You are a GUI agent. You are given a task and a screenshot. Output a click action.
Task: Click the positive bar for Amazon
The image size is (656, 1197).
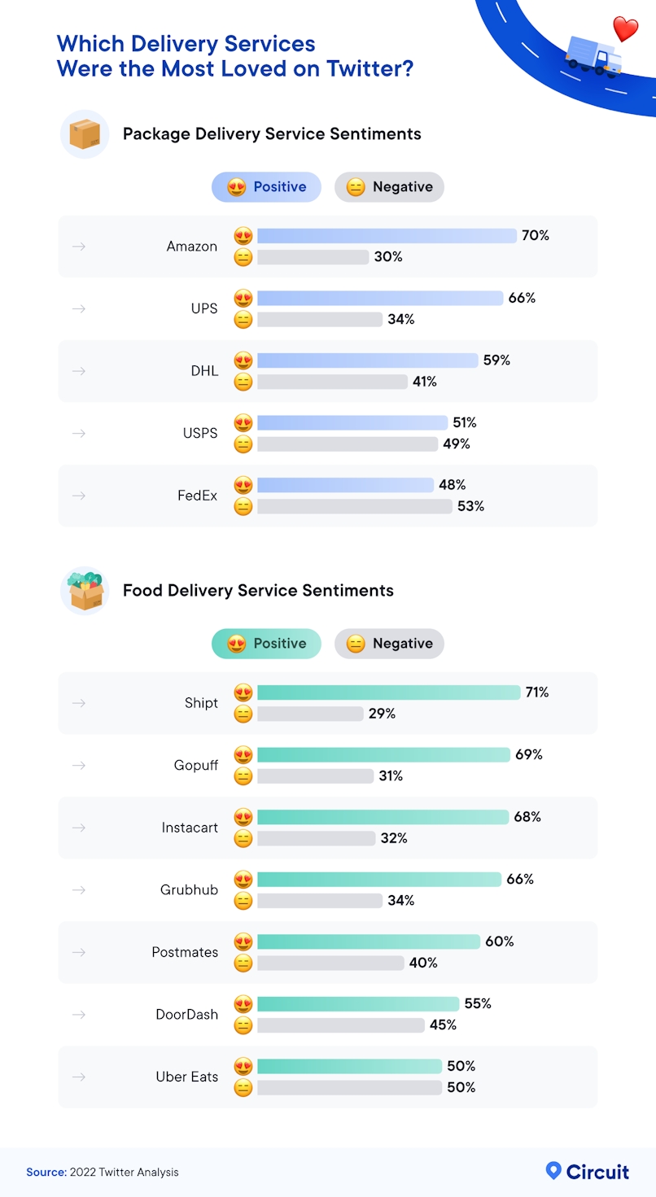387,236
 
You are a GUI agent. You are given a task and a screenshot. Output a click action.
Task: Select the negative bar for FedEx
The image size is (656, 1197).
354,506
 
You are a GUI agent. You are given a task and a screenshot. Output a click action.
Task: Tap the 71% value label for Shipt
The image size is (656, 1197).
537,692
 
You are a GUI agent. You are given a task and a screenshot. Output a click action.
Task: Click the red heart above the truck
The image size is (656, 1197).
625,29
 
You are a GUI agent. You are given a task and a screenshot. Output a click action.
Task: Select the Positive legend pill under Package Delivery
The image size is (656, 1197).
266,187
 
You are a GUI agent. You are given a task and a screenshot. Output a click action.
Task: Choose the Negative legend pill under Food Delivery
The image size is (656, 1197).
389,644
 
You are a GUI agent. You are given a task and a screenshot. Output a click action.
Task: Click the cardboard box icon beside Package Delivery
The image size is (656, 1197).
85,134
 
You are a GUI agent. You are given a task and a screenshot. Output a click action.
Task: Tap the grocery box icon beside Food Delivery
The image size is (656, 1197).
85,591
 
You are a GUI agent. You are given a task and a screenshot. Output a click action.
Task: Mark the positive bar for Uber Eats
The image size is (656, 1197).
349,1066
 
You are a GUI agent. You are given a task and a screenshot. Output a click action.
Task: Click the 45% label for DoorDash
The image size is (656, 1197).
443,1024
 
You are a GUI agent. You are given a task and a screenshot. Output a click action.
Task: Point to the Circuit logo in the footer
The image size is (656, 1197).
587,1171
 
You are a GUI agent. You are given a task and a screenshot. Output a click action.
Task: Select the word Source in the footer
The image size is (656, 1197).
46,1172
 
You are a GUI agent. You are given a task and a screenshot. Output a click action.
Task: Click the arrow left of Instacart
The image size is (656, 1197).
79,828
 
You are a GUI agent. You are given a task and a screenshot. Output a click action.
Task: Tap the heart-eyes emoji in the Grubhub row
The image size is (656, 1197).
243,880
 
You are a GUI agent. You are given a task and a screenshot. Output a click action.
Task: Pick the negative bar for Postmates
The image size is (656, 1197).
330,963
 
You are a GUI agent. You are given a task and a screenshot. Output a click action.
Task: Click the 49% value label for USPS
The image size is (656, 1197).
457,443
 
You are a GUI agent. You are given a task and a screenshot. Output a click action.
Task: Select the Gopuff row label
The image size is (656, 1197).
196,765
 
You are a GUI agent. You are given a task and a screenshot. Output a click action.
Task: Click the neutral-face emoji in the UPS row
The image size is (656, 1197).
243,320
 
